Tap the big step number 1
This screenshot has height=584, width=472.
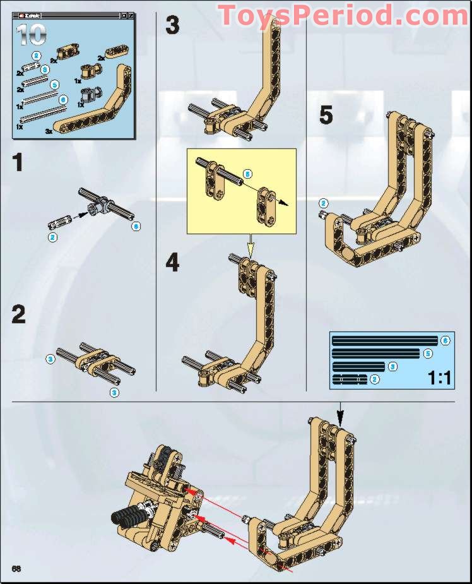pos(19,163)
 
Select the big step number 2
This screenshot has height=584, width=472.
pos(19,314)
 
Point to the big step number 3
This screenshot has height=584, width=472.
pos(172,25)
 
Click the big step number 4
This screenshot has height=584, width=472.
pos(172,263)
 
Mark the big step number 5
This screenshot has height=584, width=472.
pos(326,116)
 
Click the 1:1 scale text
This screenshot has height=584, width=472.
pos(439,378)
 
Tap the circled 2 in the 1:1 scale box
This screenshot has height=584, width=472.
pos(375,379)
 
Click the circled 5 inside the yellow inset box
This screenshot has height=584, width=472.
pos(247,172)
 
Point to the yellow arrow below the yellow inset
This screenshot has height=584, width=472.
pos(250,246)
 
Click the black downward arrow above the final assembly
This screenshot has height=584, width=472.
pos(341,416)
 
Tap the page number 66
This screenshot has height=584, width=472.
pos(16,569)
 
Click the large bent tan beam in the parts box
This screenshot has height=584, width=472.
pos(95,104)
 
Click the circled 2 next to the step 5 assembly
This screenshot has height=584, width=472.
pos(323,203)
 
